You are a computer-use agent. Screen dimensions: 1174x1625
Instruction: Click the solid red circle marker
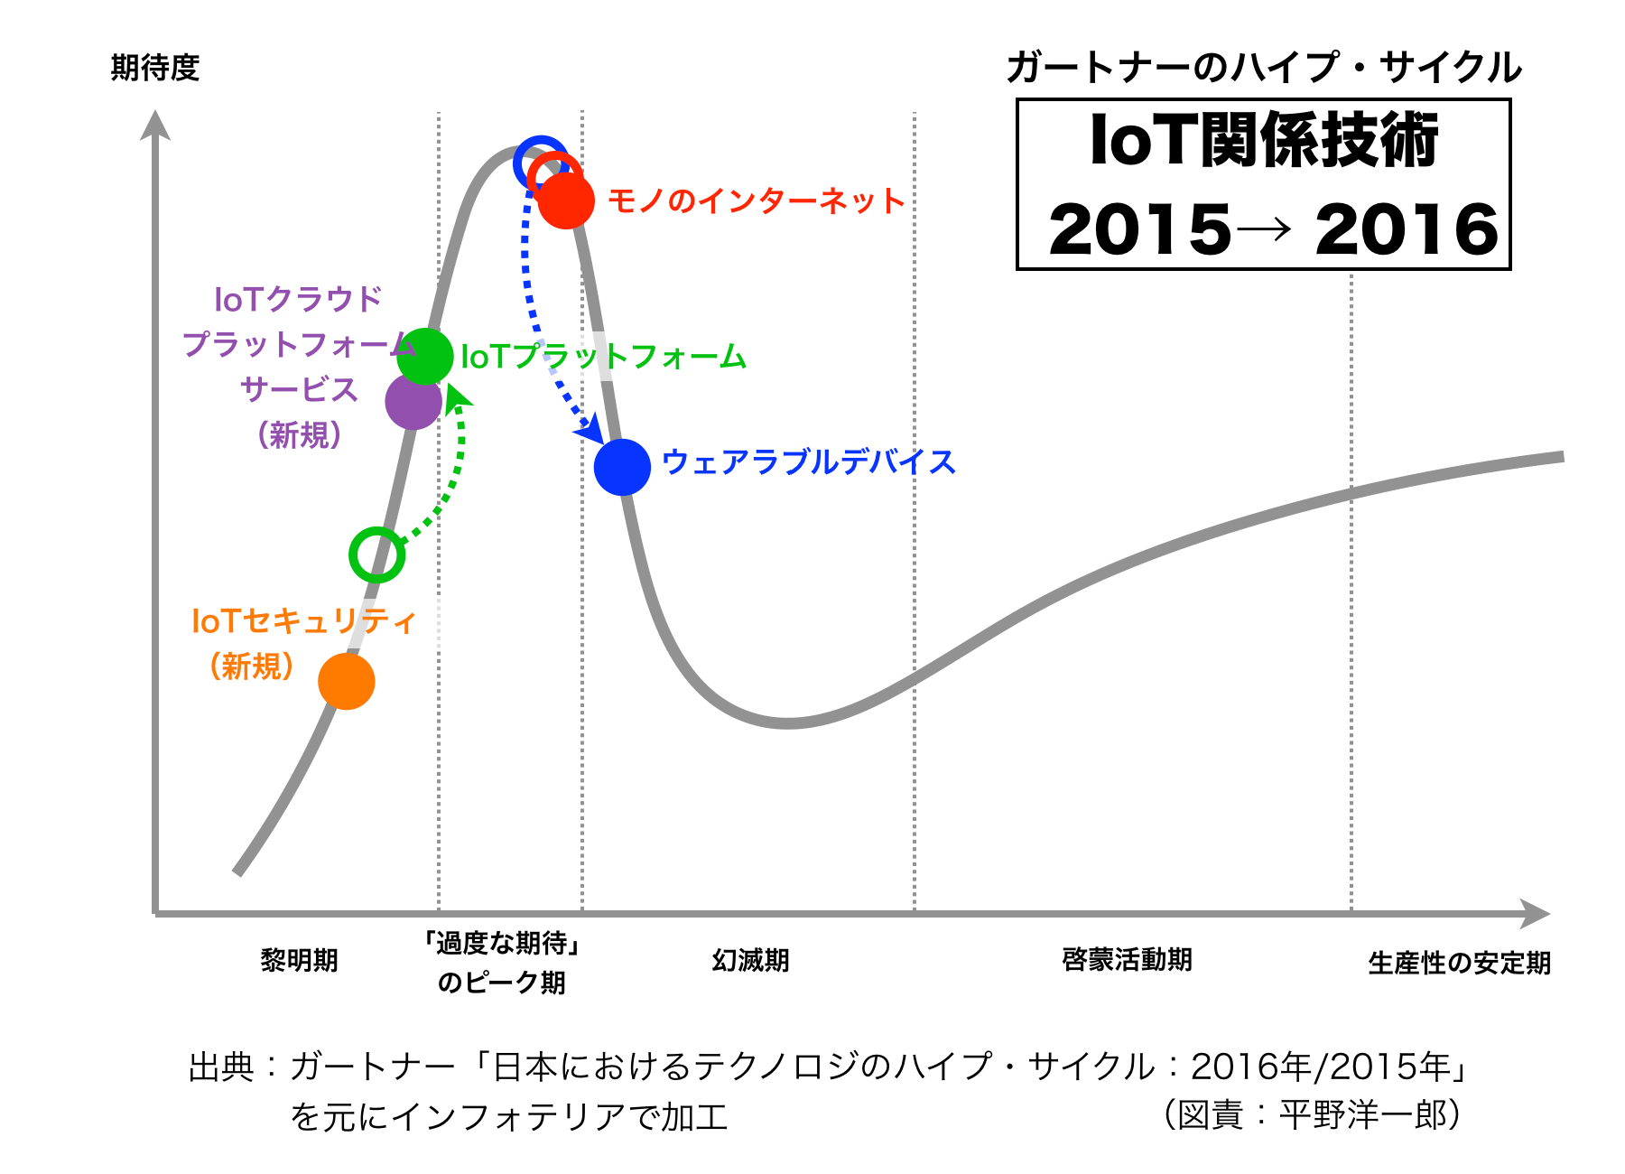point(566,200)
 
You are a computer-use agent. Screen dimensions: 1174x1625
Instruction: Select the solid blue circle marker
point(622,467)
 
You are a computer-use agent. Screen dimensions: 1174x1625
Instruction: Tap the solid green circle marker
point(425,357)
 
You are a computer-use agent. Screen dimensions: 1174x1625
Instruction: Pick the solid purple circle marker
point(413,403)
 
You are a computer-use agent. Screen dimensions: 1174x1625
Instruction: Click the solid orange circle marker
point(347,681)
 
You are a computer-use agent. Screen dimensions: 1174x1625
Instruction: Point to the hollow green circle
point(376,554)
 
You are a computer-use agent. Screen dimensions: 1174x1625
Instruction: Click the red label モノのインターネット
point(756,200)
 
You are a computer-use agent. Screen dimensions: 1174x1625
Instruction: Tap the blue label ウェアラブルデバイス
point(808,462)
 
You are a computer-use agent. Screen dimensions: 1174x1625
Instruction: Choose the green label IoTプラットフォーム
point(603,358)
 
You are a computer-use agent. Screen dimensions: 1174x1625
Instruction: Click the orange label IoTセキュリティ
point(303,621)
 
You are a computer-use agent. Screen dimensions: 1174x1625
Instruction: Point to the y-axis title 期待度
point(154,68)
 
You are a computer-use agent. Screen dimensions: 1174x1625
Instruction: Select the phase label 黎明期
point(299,960)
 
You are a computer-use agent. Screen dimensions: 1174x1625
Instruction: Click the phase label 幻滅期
point(750,960)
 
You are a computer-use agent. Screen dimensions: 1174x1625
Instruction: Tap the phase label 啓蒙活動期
point(1127,959)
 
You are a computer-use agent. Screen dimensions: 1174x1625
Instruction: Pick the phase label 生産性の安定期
point(1459,963)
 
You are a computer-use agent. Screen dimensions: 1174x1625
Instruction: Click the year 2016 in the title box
point(1406,229)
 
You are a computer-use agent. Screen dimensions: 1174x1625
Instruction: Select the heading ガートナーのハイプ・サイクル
point(1264,68)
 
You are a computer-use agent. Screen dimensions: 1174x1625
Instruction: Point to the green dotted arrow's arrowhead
point(458,397)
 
